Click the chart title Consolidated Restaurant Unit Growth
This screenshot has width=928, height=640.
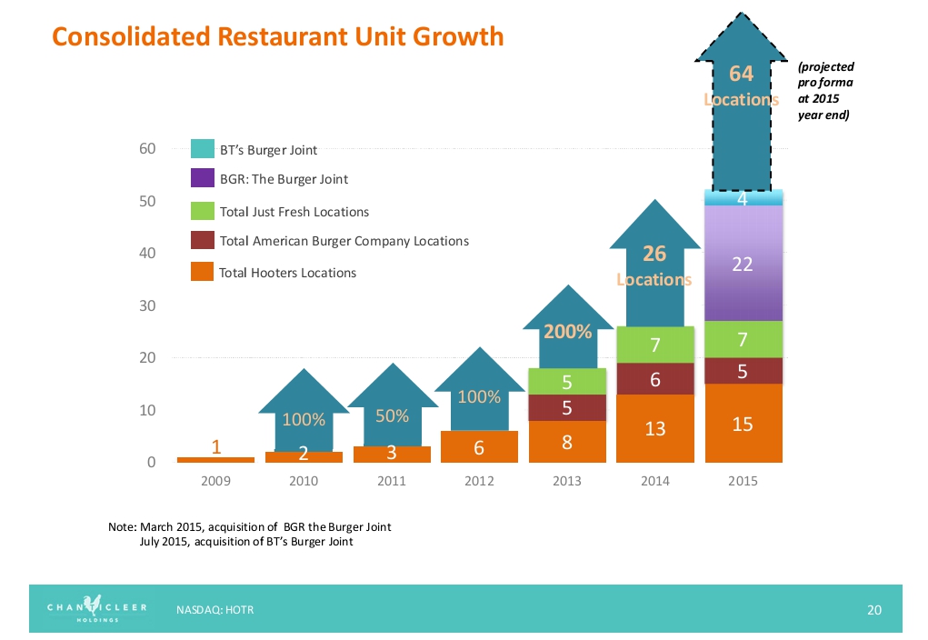277,36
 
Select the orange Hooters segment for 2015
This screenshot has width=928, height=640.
742,424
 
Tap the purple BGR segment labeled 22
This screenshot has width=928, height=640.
742,264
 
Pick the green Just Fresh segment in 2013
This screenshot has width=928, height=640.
566,381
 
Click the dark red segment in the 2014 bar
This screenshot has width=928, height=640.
654,379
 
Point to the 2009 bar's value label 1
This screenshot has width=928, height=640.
215,446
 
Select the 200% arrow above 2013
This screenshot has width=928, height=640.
568,333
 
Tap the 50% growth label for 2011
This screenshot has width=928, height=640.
392,415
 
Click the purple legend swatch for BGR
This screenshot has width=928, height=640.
202,179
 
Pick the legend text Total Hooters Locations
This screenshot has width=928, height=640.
288,273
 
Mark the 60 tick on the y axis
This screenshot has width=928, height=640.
147,148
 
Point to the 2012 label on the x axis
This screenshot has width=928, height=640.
479,481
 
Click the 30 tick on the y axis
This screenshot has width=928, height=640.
147,305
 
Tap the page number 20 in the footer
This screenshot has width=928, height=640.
874,610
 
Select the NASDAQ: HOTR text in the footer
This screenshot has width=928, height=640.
215,610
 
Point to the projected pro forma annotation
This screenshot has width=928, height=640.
824,91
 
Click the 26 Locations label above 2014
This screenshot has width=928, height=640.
654,265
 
